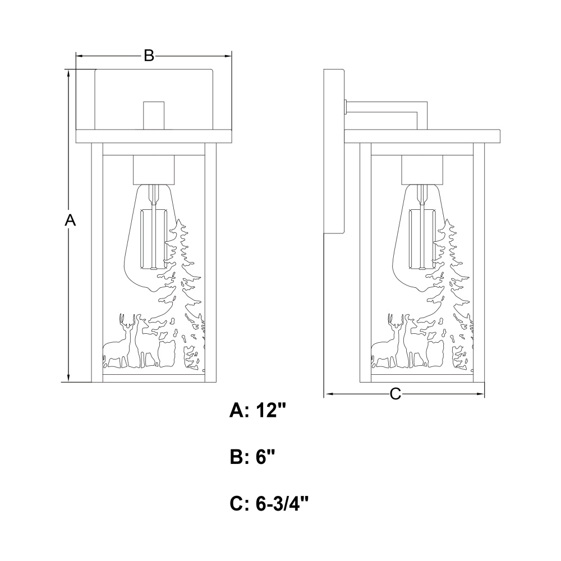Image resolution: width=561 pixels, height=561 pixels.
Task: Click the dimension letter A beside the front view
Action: tap(70, 220)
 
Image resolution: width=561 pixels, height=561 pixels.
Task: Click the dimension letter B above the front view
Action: tap(148, 56)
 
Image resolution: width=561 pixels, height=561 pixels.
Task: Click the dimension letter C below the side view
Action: tap(396, 394)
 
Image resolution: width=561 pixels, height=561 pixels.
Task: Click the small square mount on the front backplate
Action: tap(154, 114)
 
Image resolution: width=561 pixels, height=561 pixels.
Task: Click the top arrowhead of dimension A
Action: tap(68, 73)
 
